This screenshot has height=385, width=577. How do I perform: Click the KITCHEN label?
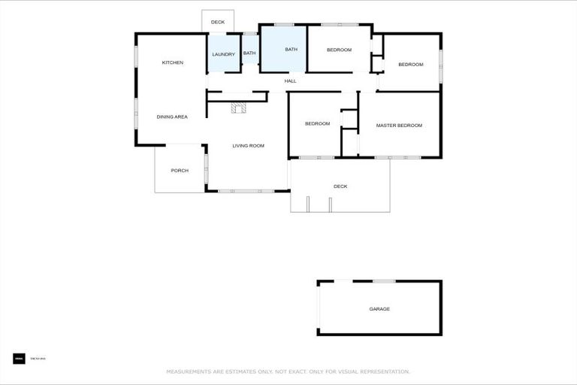pyautogui.click(x=173, y=62)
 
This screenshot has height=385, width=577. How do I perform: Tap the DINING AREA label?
pyautogui.click(x=172, y=117)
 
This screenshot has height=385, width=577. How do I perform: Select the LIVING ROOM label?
pyautogui.click(x=248, y=145)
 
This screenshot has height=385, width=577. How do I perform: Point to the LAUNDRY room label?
pyautogui.click(x=224, y=54)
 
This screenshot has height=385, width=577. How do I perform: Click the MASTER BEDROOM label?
pyautogui.click(x=399, y=125)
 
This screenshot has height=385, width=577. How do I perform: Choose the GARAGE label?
pyautogui.click(x=379, y=309)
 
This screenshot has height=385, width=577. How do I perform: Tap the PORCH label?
pyautogui.click(x=180, y=171)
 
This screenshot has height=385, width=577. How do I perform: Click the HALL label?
pyautogui.click(x=290, y=80)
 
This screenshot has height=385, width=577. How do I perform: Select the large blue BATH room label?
pyautogui.click(x=292, y=50)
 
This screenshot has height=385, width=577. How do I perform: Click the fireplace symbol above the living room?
pyautogui.click(x=239, y=108)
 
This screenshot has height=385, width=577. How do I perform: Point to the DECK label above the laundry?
pyautogui.click(x=218, y=23)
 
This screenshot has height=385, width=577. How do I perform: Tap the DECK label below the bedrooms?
pyautogui.click(x=340, y=186)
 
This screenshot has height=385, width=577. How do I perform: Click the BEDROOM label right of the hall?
pyautogui.click(x=411, y=65)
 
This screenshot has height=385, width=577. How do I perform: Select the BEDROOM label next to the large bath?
pyautogui.click(x=339, y=50)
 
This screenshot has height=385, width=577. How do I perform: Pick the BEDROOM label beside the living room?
pyautogui.click(x=317, y=123)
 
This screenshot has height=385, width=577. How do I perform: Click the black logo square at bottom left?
pyautogui.click(x=19, y=359)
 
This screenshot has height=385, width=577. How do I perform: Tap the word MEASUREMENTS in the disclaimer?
pyautogui.click(x=189, y=371)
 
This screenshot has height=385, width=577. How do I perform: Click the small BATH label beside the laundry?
pyautogui.click(x=249, y=53)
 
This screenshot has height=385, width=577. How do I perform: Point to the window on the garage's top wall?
pyautogui.click(x=384, y=281)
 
